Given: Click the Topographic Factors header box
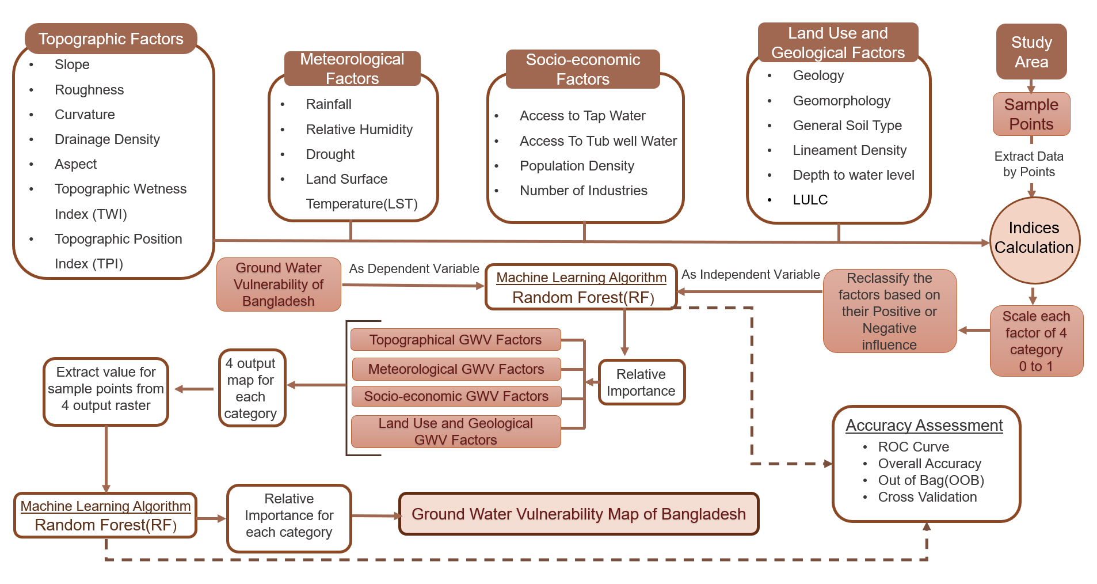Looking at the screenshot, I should pyautogui.click(x=111, y=39).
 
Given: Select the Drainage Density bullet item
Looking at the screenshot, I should pyautogui.click(x=107, y=139).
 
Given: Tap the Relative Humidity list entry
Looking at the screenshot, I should pyautogui.click(x=359, y=130).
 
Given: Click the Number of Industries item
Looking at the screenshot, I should pyautogui.click(x=583, y=191).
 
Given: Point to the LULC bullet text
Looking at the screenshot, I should pyautogui.click(x=810, y=200).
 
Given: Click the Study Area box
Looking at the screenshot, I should pyautogui.click(x=1031, y=52).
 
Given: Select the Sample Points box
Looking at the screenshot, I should pyautogui.click(x=1031, y=114).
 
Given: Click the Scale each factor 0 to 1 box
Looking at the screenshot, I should pyautogui.click(x=1036, y=341).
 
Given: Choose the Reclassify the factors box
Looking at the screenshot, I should pyautogui.click(x=889, y=311).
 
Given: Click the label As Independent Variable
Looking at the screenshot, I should pyautogui.click(x=751, y=275).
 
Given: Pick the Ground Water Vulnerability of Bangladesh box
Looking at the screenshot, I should pyautogui.click(x=279, y=285).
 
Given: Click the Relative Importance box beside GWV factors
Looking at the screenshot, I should pyautogui.click(x=641, y=382).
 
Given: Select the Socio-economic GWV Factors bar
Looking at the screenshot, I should pyautogui.click(x=456, y=396).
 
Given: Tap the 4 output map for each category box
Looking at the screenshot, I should pyautogui.click(x=251, y=388).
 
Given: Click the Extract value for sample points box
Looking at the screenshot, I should pyautogui.click(x=106, y=389).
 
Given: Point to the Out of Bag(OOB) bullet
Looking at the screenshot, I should pyautogui.click(x=931, y=480).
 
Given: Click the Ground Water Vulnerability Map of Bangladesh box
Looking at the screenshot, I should pyautogui.click(x=578, y=514).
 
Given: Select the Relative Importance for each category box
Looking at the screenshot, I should pyautogui.click(x=289, y=516).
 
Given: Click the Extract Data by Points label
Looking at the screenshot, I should pyautogui.click(x=1029, y=164).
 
